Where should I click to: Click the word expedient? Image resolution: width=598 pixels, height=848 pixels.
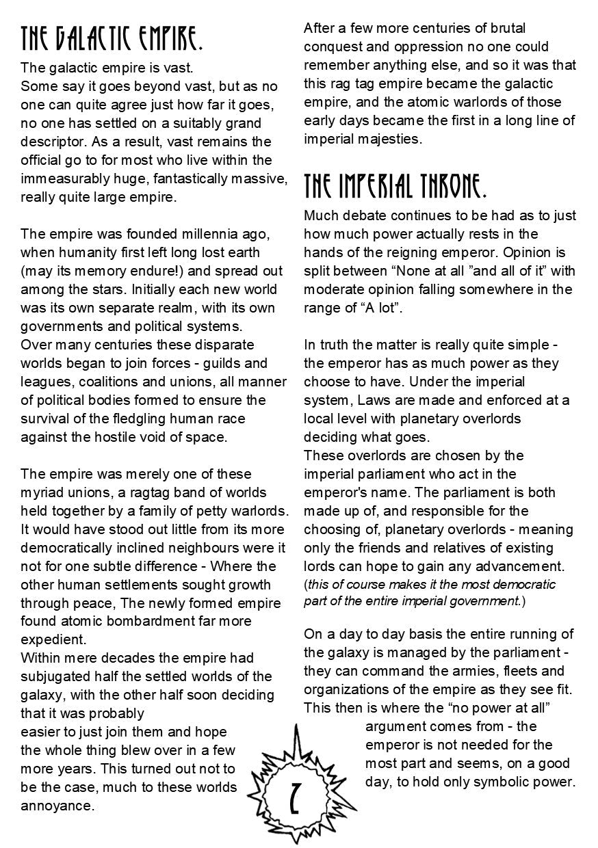53,639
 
